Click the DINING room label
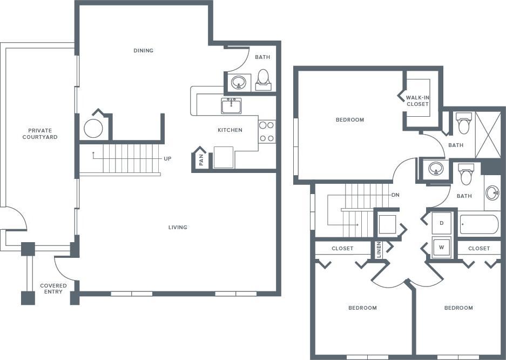[144, 51]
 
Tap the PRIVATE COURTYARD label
[40, 134]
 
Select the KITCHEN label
[230, 130]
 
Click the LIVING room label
[178, 228]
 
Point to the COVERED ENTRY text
[53, 289]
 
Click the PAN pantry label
[201, 160]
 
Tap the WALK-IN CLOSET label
[417, 101]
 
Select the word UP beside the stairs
[168, 159]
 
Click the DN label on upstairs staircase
[395, 195]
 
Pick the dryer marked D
[442, 223]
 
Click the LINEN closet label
[379, 249]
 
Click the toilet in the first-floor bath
[263, 78]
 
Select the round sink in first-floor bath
[238, 83]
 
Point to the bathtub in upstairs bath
[479, 224]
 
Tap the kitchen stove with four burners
[267, 131]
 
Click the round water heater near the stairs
[93, 129]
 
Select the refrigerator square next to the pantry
[223, 157]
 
